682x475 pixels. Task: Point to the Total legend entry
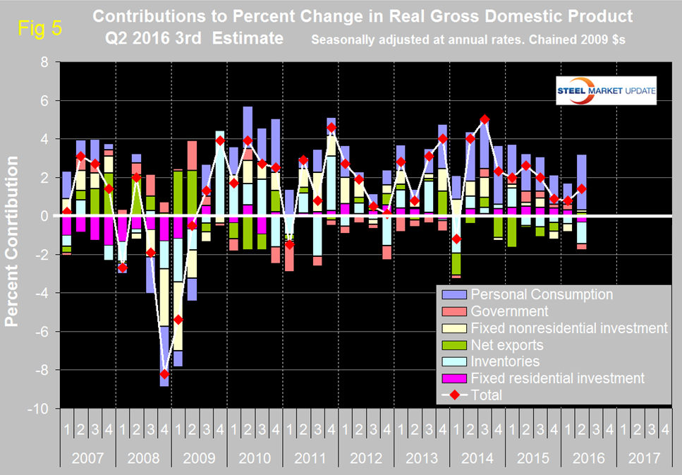click(486, 395)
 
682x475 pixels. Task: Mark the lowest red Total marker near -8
click(164, 374)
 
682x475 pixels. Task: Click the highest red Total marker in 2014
click(485, 119)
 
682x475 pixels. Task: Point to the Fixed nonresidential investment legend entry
click(568, 327)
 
